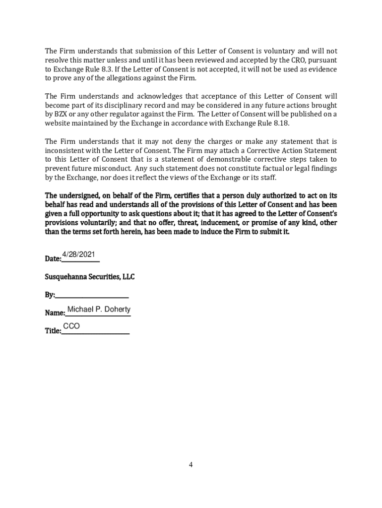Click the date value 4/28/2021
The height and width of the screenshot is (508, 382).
78,255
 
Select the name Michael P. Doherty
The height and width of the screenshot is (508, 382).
99,310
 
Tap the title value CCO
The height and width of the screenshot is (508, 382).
71,326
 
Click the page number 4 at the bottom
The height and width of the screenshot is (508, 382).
191,465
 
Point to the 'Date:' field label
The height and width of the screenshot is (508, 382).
53,259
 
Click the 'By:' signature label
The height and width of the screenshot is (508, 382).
50,295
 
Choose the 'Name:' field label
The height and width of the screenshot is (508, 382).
55,313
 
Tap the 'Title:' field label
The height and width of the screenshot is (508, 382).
53,331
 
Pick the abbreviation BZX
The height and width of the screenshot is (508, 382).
62,114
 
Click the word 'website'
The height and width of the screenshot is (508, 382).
58,123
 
